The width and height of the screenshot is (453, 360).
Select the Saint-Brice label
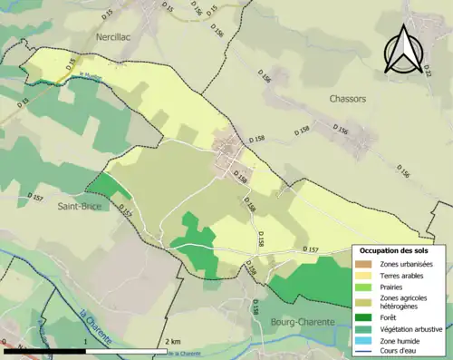click(79, 206)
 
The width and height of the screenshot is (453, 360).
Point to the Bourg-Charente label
click(302, 322)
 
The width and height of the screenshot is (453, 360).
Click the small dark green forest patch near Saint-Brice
click(110, 186)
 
